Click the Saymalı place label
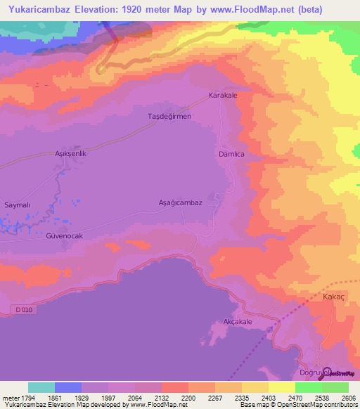point(18,204)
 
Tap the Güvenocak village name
point(65,236)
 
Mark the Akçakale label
point(237,321)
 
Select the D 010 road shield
point(25,309)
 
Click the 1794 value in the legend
point(21,398)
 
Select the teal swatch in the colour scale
point(41,387)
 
